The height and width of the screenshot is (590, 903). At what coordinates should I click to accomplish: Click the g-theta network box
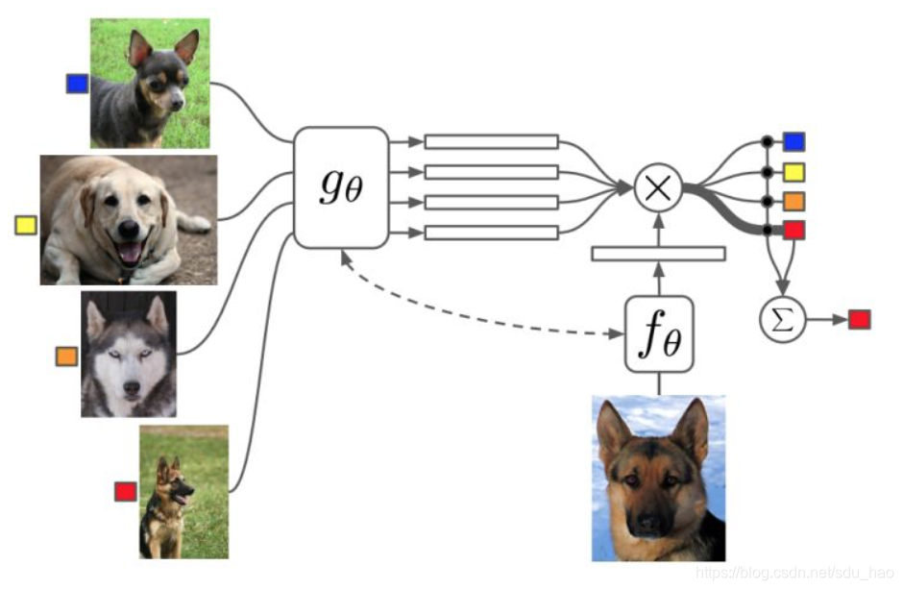[x=341, y=187]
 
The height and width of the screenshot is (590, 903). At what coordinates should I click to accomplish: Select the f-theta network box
[x=659, y=334]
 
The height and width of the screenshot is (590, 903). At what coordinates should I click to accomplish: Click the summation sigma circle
[x=784, y=318]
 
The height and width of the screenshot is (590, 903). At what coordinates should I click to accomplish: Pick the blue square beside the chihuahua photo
[x=77, y=84]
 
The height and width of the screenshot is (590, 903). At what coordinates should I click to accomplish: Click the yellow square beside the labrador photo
[x=26, y=226]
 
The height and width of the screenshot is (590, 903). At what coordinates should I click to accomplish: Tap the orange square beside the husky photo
[x=66, y=357]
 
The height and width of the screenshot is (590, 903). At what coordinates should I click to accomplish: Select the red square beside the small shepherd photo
[x=126, y=491]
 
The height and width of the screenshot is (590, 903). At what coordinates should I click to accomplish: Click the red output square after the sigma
[x=859, y=318]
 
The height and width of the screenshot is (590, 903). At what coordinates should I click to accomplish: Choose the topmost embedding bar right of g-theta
[x=491, y=141]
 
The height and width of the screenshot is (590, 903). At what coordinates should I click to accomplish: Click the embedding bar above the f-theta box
[x=658, y=254]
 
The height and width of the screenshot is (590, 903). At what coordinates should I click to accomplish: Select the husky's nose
[x=128, y=376]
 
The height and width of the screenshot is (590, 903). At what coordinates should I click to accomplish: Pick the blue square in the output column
[x=793, y=142]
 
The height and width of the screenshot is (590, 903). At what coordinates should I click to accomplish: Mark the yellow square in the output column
[x=793, y=172]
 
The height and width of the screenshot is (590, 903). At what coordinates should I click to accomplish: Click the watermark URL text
[x=792, y=573]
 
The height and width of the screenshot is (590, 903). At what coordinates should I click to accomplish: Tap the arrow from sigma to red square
[x=827, y=318]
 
